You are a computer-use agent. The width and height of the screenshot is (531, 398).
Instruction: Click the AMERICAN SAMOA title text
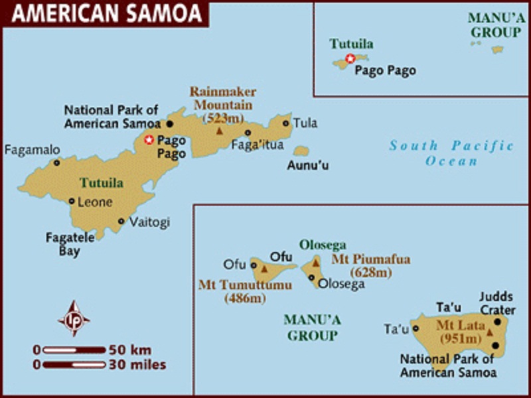[106, 13]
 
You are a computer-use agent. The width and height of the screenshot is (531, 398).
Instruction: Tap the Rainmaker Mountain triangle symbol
[219, 131]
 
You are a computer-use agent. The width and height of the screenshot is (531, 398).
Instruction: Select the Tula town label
[305, 123]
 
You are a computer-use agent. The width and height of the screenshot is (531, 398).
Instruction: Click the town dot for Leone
[72, 201]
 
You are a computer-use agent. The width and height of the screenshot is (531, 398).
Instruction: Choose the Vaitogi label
[149, 222]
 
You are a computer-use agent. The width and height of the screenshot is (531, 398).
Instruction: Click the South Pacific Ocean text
[451, 153]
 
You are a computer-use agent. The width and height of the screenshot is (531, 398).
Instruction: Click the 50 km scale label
[131, 349]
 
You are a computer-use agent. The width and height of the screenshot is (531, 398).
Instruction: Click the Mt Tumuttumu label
[236, 285]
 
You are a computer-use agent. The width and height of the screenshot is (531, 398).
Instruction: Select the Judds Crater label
[496, 304]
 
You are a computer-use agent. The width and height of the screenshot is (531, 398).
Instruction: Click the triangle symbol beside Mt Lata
[490, 332]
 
